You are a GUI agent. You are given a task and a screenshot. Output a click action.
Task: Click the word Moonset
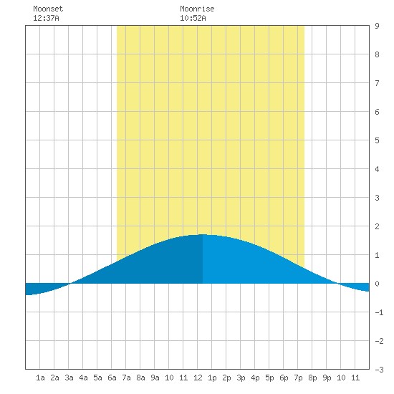coord(48,9)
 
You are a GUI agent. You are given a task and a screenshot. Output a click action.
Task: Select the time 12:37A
coord(46,18)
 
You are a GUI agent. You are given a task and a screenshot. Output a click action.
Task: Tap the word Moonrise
coord(197,9)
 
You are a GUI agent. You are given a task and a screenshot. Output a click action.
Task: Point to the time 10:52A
coord(193,18)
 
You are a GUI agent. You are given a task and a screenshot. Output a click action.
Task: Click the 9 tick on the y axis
coord(377,26)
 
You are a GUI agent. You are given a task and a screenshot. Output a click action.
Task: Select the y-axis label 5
coord(377,140)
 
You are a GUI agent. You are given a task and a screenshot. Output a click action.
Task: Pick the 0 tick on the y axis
coord(377,284)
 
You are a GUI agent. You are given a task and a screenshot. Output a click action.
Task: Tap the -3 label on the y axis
coord(379,370)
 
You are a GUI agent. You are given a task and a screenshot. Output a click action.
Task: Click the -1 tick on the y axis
coord(379,312)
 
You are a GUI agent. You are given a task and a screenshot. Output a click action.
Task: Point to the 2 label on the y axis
coord(377,226)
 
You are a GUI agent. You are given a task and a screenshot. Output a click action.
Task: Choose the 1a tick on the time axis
coord(40,378)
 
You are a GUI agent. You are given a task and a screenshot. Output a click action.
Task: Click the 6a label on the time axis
coord(112,378)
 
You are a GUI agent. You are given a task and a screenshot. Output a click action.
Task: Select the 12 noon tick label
coord(198,378)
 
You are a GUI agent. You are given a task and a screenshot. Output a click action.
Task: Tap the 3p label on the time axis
coord(241,378)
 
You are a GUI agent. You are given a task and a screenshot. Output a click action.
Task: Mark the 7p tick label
coord(298,378)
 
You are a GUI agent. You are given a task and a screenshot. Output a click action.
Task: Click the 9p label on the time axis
coord(327,378)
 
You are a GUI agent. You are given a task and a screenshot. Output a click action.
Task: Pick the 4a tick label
coord(83,378)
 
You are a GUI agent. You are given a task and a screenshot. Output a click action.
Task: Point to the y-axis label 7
coord(377,83)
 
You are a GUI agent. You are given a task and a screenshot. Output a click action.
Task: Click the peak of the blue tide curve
coord(203,234)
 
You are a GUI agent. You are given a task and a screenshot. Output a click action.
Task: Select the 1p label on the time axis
coord(212,378)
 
